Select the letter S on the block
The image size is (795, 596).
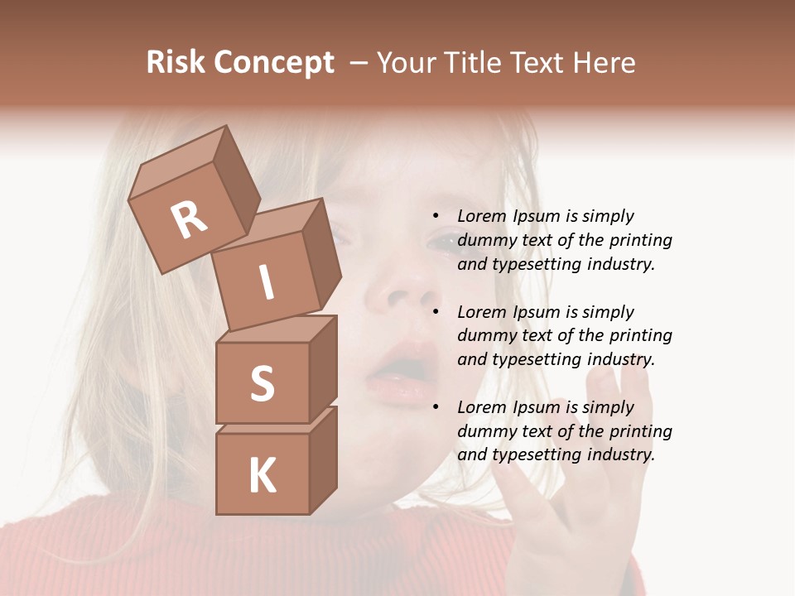(262, 383)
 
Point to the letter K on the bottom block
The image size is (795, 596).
(262, 476)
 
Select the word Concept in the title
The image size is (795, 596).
(272, 64)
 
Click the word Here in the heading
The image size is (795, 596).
(607, 62)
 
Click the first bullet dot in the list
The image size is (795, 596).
(436, 217)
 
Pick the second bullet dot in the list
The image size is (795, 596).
(436, 312)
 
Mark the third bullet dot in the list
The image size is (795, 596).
(436, 408)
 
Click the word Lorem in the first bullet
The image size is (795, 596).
(480, 217)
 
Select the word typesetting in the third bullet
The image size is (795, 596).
(537, 454)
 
